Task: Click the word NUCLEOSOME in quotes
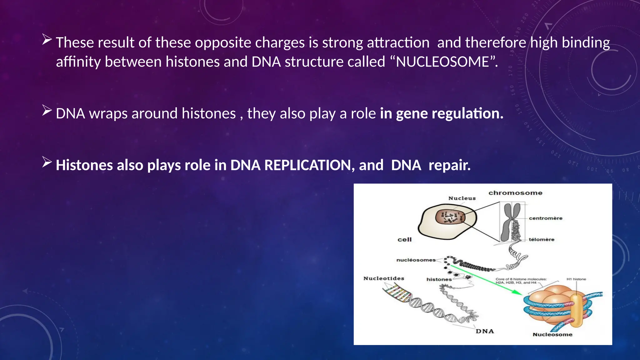tap(442, 62)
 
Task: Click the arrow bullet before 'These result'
tap(47, 40)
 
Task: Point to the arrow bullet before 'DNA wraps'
tap(47, 111)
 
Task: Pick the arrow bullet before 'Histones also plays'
tap(47, 162)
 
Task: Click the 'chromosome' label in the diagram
tap(515, 193)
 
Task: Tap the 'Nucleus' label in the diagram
tap(462, 198)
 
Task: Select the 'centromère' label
tap(545, 218)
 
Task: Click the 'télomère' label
tap(541, 239)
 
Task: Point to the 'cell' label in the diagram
tap(404, 240)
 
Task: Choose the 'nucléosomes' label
tap(416, 260)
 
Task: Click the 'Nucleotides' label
tap(383, 278)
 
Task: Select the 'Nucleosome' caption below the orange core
tap(552, 334)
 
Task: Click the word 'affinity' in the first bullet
tap(78, 62)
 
